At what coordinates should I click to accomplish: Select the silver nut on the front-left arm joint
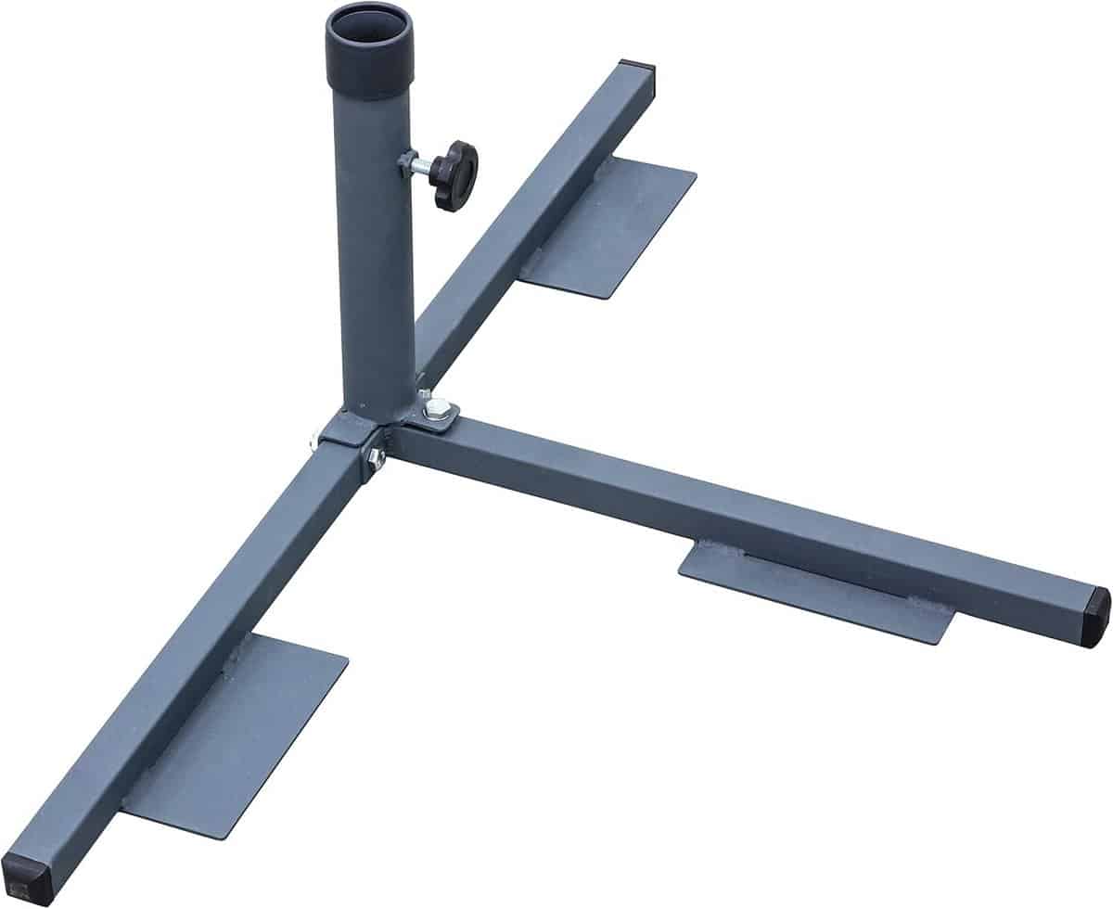click(376, 456)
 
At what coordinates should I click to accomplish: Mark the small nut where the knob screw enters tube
click(406, 163)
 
